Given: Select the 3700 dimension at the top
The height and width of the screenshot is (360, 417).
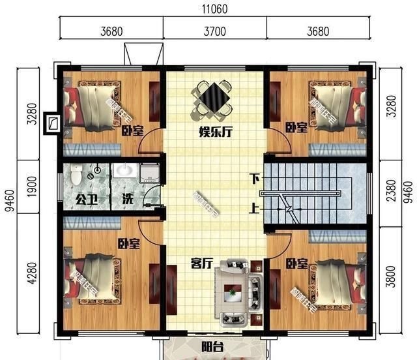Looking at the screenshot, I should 214,31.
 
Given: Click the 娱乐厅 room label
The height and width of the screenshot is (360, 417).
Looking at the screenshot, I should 216,131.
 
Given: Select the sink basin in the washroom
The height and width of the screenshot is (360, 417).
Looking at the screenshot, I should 125,172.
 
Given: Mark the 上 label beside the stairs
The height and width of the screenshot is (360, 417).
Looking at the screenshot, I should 254,210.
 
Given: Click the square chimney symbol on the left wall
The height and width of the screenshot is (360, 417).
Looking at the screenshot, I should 52,123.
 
